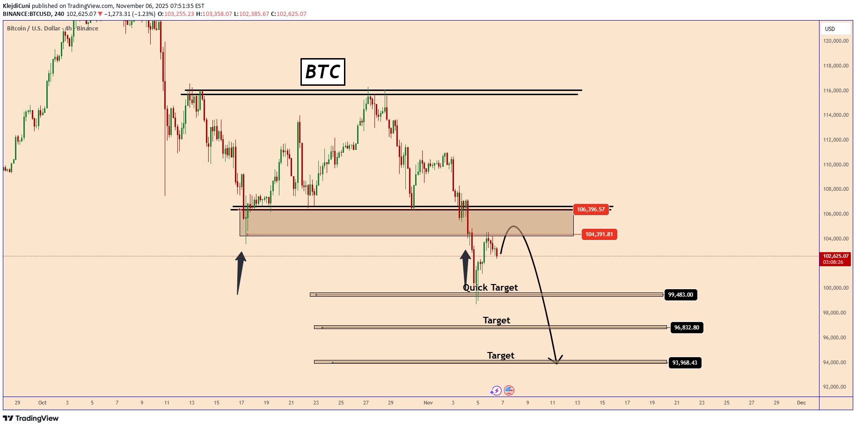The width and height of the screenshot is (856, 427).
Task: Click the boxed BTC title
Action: pyautogui.click(x=322, y=72)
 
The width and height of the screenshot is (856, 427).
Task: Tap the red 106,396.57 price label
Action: pyautogui.click(x=591, y=210)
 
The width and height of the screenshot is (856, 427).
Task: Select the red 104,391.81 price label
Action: pyautogui.click(x=599, y=234)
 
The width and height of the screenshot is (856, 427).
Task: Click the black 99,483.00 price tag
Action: pyautogui.click(x=680, y=295)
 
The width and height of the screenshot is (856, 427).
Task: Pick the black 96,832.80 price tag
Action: pyautogui.click(x=687, y=328)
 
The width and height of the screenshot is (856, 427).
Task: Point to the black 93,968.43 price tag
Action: pyautogui.click(x=685, y=363)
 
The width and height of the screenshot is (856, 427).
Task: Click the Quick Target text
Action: pyautogui.click(x=490, y=287)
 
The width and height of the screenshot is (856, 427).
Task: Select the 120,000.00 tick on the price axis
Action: pyautogui.click(x=835, y=41)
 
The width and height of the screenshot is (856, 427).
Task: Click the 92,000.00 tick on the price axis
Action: pyautogui.click(x=835, y=387)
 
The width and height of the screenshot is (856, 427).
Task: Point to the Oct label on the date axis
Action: pyautogui.click(x=43, y=403)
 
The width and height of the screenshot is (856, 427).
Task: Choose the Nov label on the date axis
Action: pyautogui.click(x=428, y=403)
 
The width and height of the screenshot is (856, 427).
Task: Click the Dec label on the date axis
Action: pyautogui.click(x=801, y=403)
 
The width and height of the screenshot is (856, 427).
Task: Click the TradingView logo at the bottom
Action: pyautogui.click(x=31, y=418)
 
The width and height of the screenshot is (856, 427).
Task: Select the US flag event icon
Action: pyautogui.click(x=509, y=390)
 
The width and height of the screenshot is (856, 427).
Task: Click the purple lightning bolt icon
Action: pyautogui.click(x=496, y=390)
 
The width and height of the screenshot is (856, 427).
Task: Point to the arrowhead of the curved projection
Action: pyautogui.click(x=556, y=362)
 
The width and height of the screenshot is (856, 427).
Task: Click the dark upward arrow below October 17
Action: pyautogui.click(x=240, y=272)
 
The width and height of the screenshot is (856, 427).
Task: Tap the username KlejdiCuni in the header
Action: pyautogui.click(x=16, y=6)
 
